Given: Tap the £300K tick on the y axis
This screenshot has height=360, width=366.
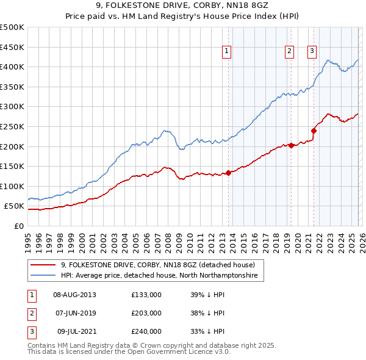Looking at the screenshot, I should click(13, 107).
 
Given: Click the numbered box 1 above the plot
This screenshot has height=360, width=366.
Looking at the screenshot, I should click(226, 52).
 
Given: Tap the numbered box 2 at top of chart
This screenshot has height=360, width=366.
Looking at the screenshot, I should click(289, 52).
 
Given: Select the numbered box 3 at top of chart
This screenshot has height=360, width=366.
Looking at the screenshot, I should click(312, 52).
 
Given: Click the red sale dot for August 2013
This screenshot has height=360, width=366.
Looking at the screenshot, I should click(228, 173).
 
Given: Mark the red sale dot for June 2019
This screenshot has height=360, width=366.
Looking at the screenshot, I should click(291, 145).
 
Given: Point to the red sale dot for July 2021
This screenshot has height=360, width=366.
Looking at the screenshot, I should click(314, 131).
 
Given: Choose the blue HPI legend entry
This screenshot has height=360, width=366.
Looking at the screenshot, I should click(159, 276).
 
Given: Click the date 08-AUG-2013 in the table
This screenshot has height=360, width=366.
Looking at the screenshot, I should click(74, 295).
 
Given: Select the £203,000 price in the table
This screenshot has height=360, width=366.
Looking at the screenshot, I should click(146, 313).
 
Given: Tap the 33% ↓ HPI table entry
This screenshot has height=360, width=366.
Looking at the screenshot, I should click(207, 331).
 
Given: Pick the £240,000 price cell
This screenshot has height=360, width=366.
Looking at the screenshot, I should click(146, 331).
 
